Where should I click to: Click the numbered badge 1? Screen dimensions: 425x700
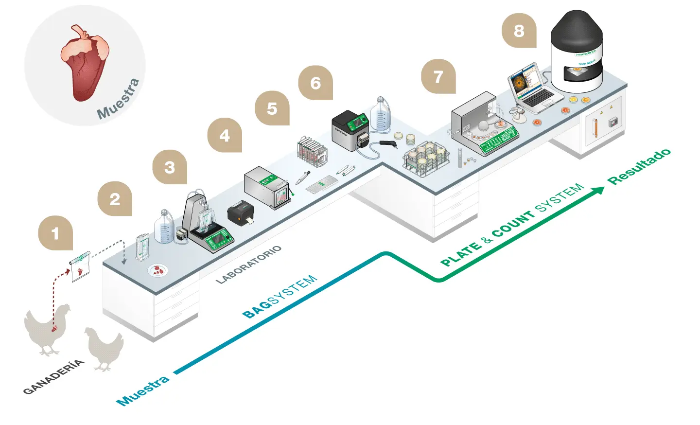[x=55, y=233]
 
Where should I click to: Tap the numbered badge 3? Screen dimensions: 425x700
[x=169, y=167]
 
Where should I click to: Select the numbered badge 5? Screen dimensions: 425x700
[x=272, y=108]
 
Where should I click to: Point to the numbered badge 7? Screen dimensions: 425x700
[x=438, y=76]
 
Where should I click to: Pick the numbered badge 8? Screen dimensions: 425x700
[x=519, y=31]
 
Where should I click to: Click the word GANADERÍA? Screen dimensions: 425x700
[x=53, y=377]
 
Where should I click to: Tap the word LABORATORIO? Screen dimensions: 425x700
[x=248, y=265]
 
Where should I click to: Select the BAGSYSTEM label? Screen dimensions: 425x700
[x=280, y=297]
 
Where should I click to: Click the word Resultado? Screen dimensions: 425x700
[x=639, y=166]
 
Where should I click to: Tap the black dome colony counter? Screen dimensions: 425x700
[x=577, y=51]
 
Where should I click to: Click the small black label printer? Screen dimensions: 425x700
[x=240, y=212]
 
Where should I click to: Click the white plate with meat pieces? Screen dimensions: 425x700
[x=157, y=270]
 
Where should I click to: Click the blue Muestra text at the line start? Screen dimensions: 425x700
[x=143, y=390]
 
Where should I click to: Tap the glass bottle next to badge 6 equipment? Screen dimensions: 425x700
[x=381, y=114]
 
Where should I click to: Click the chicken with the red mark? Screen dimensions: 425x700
[x=47, y=328]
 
